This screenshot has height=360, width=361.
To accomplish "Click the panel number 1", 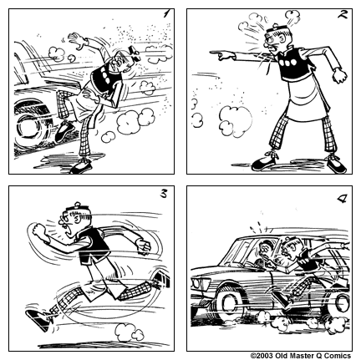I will pyautogui.click(x=165, y=14).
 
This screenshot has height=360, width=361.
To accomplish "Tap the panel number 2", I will pyautogui.click(x=341, y=15).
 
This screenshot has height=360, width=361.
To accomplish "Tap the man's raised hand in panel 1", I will pyautogui.click(x=76, y=39).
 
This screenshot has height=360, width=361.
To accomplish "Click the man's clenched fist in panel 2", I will pyautogui.click(x=340, y=75).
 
